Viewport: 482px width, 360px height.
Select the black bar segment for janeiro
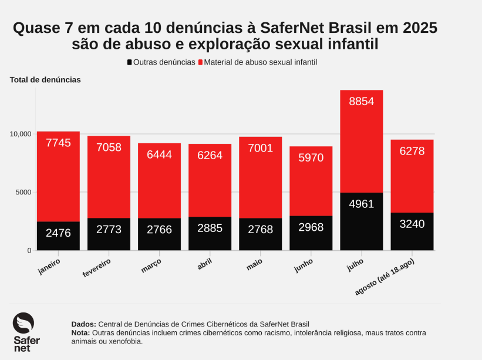coord(58,236)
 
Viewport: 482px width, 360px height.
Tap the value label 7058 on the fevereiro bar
coord(109,147)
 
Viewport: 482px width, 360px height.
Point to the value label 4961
coord(362,204)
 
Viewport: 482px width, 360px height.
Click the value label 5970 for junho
coord(311,157)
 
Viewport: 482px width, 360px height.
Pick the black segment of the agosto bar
coord(412,231)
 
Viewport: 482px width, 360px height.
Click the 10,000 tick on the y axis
coord(21,134)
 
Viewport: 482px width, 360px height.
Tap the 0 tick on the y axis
coord(29,251)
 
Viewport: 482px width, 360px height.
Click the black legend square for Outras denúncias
coord(129,62)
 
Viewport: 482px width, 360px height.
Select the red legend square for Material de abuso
coord(201,62)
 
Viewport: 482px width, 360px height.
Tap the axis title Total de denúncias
coord(45,79)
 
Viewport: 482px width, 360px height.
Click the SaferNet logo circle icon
coord(23,323)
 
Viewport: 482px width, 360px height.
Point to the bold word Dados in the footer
coord(83,324)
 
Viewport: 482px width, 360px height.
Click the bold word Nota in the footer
coord(81,332)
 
